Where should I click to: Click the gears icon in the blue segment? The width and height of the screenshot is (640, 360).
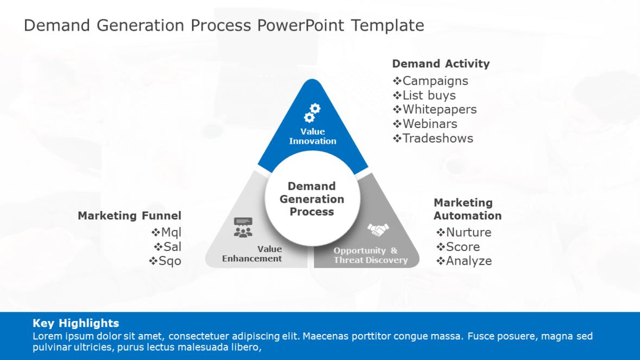click(x=312, y=113)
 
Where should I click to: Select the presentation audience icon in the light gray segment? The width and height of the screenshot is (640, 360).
click(x=243, y=227)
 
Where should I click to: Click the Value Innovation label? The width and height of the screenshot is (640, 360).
click(x=312, y=136)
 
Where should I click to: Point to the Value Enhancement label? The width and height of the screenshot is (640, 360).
click(x=252, y=254)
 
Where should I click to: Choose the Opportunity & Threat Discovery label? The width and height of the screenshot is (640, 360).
click(x=370, y=255)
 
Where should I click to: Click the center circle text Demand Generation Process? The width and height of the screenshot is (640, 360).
click(x=312, y=199)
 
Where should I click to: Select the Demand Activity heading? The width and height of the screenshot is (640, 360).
click(x=440, y=63)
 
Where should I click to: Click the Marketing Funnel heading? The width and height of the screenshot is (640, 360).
click(x=129, y=216)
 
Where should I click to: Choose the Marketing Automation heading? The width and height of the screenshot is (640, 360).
click(x=467, y=209)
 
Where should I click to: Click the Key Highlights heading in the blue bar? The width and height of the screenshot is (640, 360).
click(x=76, y=323)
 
